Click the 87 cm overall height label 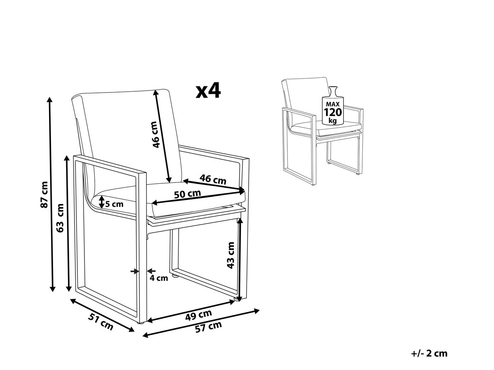pos(44,194)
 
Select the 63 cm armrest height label pos(61,218)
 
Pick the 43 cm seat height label pos(231,255)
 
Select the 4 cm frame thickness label pos(159,278)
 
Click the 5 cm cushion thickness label pos(114,204)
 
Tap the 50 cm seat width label pos(187,194)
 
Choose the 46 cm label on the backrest pos(155,135)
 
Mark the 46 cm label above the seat pos(213,179)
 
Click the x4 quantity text pos(208,90)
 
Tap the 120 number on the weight pos(333,112)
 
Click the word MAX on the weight pos(333,104)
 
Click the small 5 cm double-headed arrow pos(102,202)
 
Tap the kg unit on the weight pos(333,120)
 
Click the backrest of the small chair pos(306,99)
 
